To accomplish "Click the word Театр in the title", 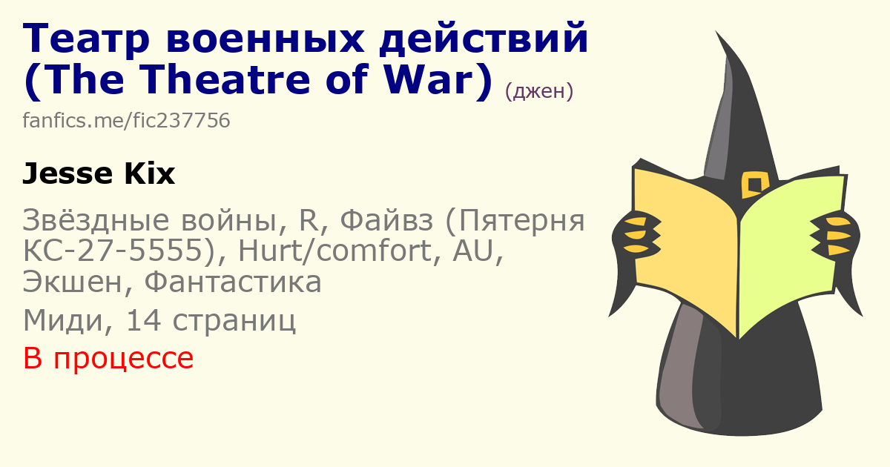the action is coord(86,39).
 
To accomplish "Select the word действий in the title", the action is coord(484,38).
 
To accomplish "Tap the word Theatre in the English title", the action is coord(225,79).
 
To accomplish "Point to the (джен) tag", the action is coord(539,91).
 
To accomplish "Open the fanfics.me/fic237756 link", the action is coord(126,120).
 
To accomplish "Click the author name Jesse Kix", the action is coord(99,173).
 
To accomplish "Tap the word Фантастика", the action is coord(233,282).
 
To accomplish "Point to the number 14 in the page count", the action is coord(143,320).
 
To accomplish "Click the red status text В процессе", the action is coord(108,358).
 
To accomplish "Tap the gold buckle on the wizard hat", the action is coord(755,185).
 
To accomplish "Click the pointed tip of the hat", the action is coord(716,31).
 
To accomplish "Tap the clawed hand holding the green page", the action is coord(834,235).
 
